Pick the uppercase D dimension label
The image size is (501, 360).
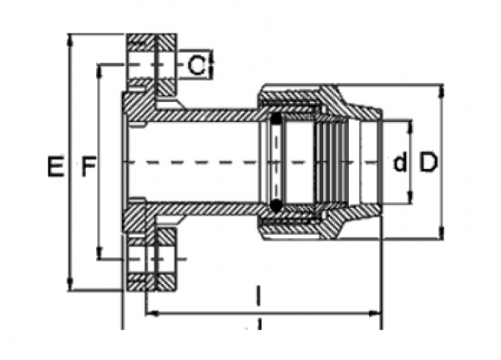pos(428,163)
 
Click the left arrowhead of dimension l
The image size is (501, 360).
pos(151,315)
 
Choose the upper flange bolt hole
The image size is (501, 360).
pos(151,65)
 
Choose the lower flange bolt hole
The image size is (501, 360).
pos(151,260)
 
